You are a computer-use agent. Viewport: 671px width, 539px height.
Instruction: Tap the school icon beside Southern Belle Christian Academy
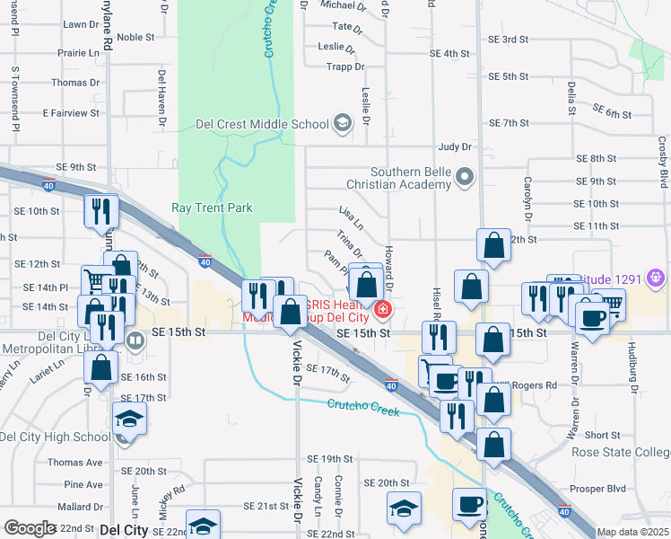465,176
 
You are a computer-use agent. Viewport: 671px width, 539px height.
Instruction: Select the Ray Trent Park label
212,208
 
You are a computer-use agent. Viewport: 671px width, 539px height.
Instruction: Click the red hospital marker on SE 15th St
383,311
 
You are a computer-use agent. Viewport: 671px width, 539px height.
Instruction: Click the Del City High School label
55,437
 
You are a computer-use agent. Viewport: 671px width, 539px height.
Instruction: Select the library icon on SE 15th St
135,340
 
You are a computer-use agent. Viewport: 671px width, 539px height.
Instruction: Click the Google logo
30,528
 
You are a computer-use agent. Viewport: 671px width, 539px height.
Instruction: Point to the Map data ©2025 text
633,532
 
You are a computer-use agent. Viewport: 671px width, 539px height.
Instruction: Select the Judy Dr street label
455,146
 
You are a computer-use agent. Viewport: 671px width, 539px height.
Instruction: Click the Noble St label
135,37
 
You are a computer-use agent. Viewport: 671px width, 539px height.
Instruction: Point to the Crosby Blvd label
663,163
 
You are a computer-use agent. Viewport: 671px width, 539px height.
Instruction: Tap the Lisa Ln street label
352,216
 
